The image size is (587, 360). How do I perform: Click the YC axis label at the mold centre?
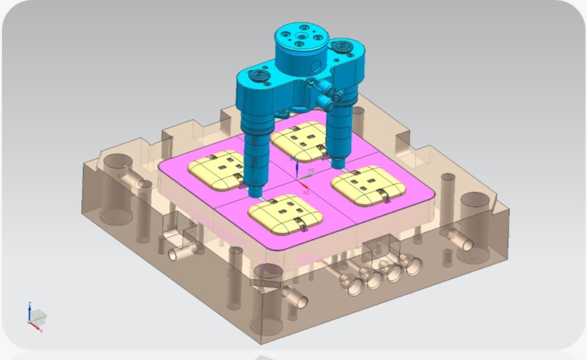[x=311, y=171]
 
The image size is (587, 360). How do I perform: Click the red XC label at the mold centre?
[x=306, y=192]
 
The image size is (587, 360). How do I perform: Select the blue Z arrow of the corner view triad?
[x=29, y=310]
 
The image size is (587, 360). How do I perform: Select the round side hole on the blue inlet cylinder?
[x=314, y=66]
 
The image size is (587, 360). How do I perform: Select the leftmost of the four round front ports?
[x=352, y=284]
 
